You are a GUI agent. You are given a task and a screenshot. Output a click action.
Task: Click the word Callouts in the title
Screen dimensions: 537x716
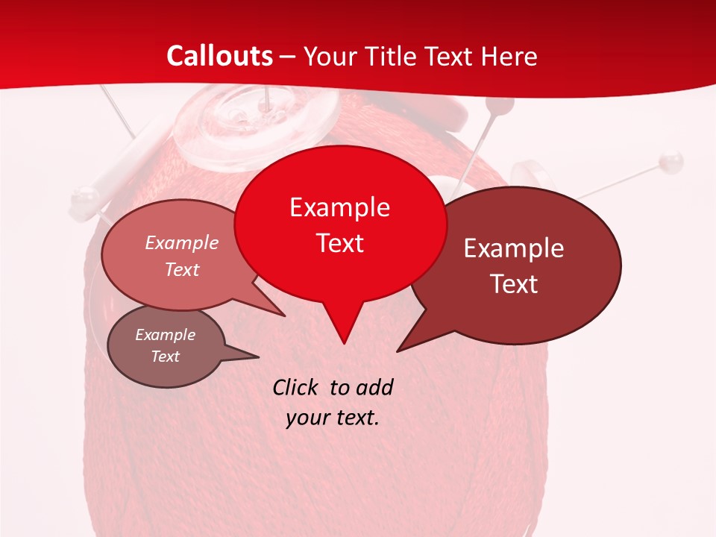(x=219, y=56)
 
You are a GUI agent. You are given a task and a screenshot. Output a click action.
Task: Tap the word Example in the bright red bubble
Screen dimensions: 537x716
(x=339, y=207)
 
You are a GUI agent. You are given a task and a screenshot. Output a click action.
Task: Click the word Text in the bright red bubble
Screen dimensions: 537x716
(x=339, y=243)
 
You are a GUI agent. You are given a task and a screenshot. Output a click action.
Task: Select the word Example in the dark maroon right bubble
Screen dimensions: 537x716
(x=514, y=248)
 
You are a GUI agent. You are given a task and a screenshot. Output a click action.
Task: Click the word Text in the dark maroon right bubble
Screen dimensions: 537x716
(x=514, y=284)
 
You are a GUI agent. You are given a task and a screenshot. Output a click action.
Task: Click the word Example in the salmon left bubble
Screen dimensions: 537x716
(x=182, y=243)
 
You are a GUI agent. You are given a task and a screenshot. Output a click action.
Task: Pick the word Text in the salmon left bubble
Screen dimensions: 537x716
(x=182, y=269)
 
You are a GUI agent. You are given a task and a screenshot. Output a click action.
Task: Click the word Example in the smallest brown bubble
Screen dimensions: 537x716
(x=165, y=335)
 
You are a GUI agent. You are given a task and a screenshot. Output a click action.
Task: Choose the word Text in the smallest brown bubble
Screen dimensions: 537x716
(x=165, y=357)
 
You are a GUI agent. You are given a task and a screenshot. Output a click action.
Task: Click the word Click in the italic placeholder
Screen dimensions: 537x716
(x=297, y=387)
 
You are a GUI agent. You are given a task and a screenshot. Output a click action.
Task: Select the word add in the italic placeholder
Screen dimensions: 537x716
(x=374, y=387)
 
